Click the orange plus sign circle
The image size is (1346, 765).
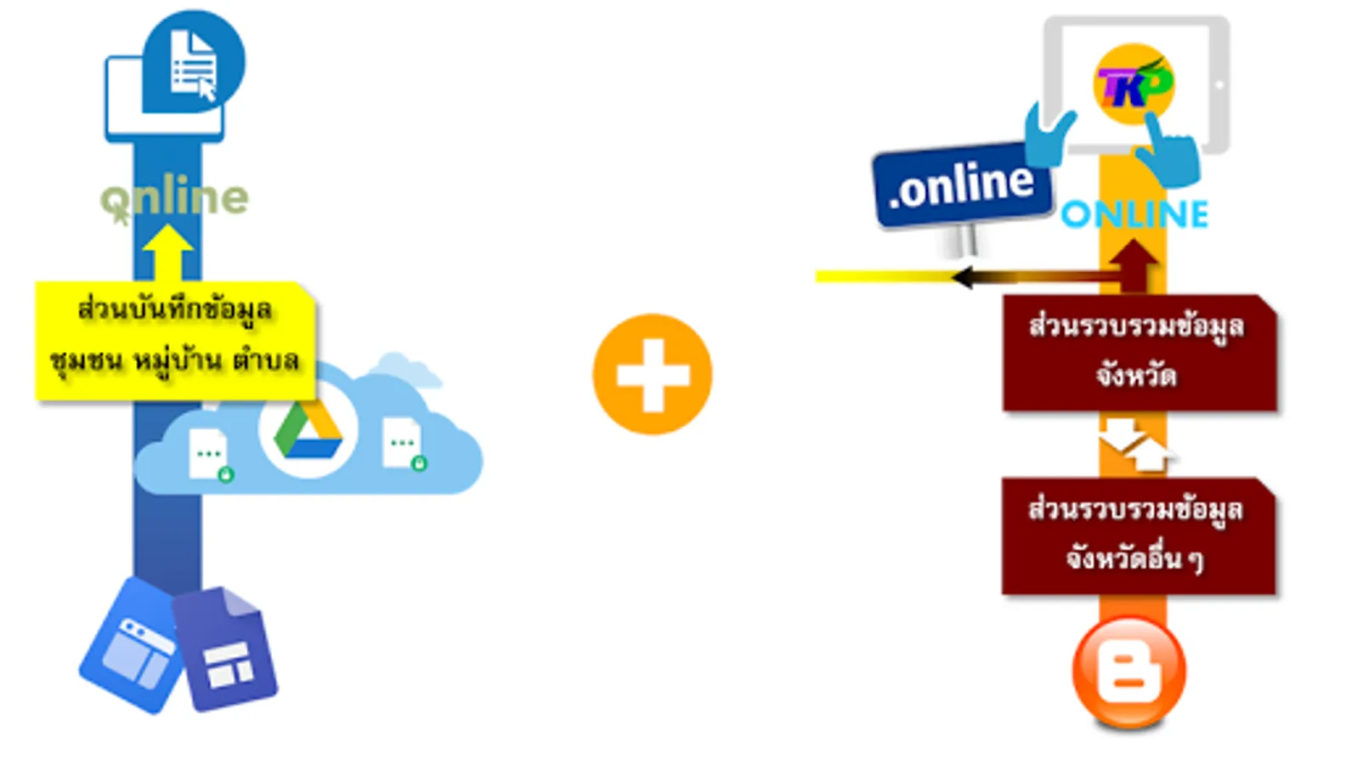[x=653, y=374]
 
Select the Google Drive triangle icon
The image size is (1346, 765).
[x=308, y=430]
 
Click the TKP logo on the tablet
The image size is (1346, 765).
[x=1134, y=84]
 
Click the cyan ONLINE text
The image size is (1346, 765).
[x=1134, y=214]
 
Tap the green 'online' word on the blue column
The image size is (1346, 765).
[x=174, y=197]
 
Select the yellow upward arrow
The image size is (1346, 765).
[x=167, y=252]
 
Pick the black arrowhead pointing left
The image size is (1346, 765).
[x=964, y=277]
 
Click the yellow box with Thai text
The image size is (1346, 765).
[x=175, y=340]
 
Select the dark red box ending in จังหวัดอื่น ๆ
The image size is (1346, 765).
[x=1139, y=536]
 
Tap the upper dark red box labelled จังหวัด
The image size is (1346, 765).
[x=1140, y=353]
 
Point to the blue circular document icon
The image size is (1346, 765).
[x=194, y=61]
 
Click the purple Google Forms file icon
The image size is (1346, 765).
[x=224, y=649]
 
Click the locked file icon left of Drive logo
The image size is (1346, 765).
[x=210, y=455]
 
